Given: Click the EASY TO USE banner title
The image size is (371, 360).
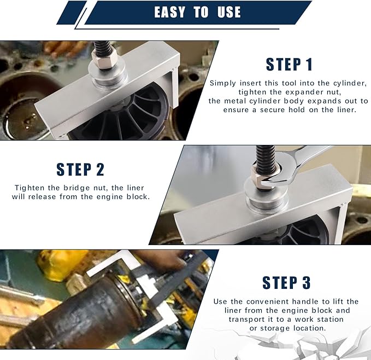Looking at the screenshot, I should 197,12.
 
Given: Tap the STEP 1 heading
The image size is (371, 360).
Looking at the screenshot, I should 289,64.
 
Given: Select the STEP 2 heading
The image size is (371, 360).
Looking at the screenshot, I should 80,169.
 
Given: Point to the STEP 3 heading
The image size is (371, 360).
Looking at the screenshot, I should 287,282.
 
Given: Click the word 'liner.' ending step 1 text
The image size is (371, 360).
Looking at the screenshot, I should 344,110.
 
